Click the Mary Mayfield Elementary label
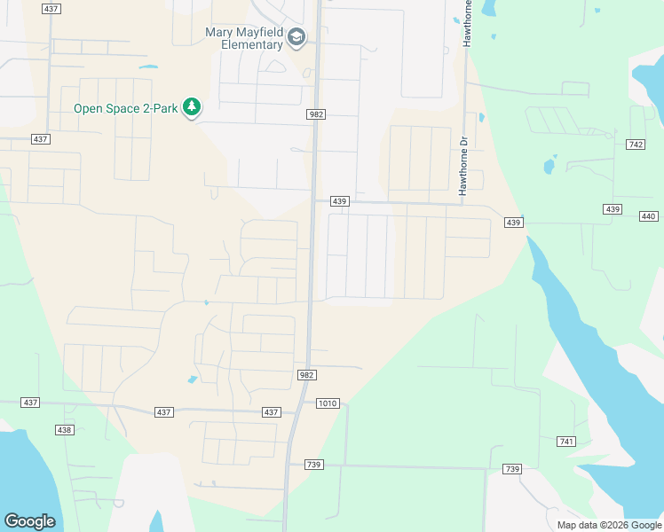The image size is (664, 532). point(244,38)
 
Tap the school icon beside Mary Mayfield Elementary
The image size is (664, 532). point(296,38)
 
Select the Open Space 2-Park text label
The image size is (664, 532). point(124,109)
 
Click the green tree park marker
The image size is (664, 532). point(191,108)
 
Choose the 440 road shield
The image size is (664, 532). point(648,216)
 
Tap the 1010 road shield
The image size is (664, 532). point(328,403)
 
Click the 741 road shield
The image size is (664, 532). point(567,442)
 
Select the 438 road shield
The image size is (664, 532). point(64,430)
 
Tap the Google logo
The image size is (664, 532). point(29,521)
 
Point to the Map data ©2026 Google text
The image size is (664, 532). point(608,525)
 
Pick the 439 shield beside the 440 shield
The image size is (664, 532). point(612,209)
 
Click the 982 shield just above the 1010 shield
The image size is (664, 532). point(306,376)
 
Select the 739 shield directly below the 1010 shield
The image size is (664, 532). point(312,465)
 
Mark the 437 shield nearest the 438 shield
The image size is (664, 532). point(31,403)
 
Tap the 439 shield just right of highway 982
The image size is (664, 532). point(339,201)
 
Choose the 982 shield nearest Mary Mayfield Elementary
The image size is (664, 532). point(316,114)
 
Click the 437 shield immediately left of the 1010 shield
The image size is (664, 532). point(272,412)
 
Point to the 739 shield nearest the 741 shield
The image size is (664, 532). point(510,469)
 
